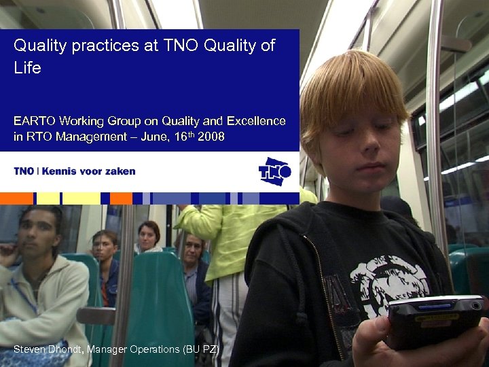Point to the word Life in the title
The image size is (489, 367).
(28, 68)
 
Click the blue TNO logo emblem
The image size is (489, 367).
(274, 171)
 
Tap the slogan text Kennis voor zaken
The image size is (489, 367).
(88, 171)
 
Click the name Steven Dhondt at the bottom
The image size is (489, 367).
(46, 349)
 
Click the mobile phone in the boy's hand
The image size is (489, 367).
(435, 319)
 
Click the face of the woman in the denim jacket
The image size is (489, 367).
(105, 246)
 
